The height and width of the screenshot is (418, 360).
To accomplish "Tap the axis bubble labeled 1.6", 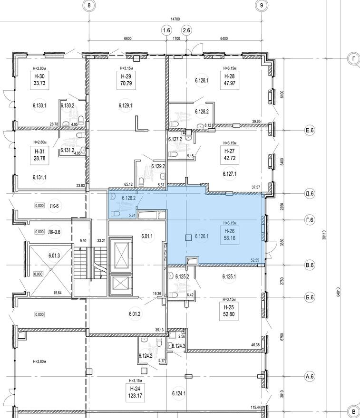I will [x=166, y=31].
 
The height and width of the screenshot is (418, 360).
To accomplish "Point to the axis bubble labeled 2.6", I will [x=187, y=31].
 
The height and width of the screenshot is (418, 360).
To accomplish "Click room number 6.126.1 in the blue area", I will [x=203, y=237].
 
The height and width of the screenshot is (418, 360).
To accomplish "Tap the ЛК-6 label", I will [x=54, y=206].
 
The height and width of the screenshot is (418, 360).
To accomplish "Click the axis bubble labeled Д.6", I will [x=310, y=193].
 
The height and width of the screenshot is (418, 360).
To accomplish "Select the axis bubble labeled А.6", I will [x=310, y=377].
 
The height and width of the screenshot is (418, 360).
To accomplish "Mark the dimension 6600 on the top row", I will [x=127, y=38].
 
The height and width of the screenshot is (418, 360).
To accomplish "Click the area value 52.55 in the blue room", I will [x=257, y=260].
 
